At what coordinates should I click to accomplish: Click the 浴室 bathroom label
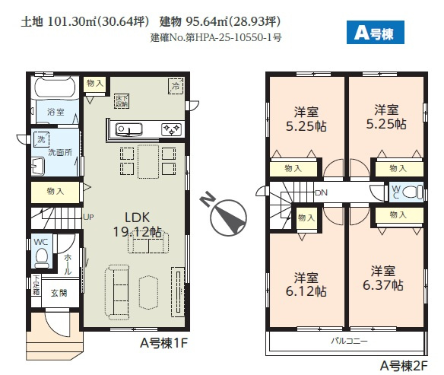(x=55, y=111)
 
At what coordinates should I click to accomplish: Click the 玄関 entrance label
(x=59, y=293)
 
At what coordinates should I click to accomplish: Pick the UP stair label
(x=88, y=216)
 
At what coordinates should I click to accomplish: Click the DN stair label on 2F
(x=320, y=192)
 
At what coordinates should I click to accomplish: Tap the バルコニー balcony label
(x=348, y=339)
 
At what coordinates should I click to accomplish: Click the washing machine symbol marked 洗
(x=40, y=139)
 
